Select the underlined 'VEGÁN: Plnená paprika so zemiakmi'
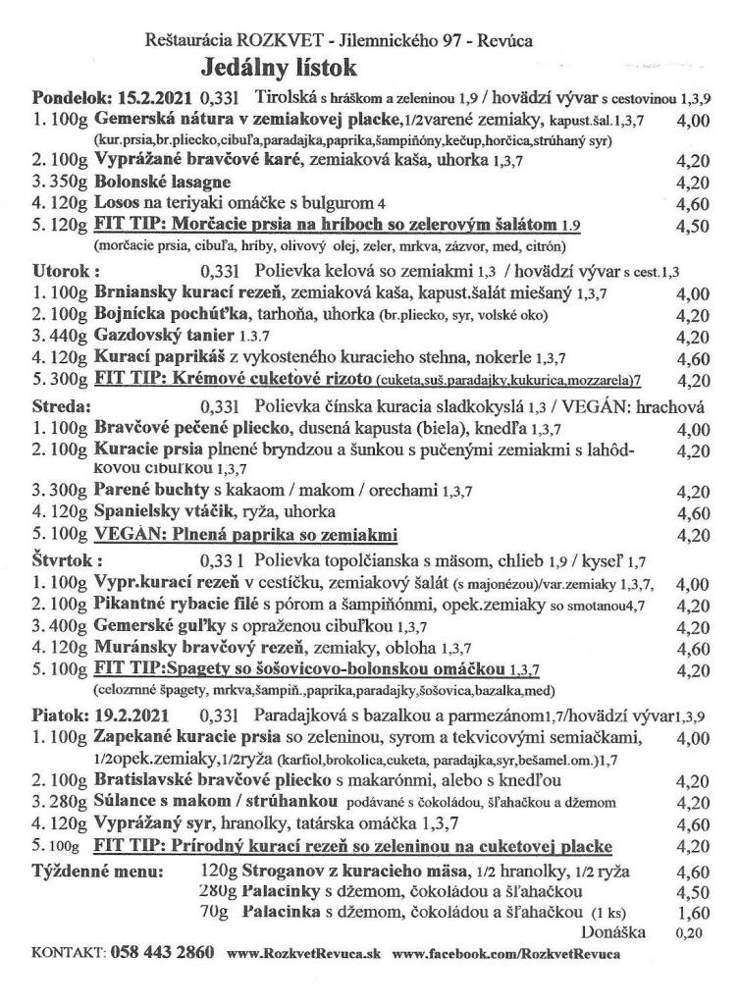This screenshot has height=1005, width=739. (245, 535)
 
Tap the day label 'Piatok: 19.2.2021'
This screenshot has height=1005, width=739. (106, 715)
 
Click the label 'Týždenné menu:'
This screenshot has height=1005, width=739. (96, 871)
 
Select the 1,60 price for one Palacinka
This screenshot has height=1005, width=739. (692, 914)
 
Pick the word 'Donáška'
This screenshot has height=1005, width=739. (612, 931)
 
